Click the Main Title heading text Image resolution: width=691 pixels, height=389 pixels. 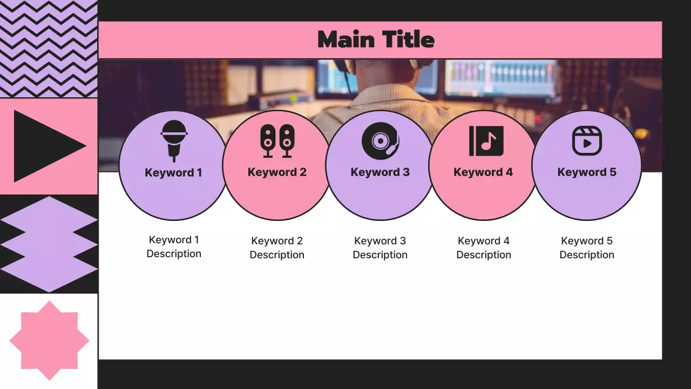click(x=376, y=39)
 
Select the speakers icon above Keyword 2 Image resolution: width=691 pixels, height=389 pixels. click(x=277, y=140)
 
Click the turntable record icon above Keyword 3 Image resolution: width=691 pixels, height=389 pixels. click(x=380, y=140)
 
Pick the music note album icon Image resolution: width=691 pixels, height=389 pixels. click(x=486, y=141)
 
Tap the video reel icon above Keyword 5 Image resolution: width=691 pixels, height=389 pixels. click(x=587, y=140)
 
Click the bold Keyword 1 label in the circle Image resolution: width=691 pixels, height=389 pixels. click(x=173, y=173)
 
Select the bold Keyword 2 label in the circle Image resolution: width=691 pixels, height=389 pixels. click(x=277, y=172)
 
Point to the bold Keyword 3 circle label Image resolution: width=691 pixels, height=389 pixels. click(x=380, y=172)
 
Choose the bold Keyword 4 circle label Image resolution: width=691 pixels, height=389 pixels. click(x=483, y=172)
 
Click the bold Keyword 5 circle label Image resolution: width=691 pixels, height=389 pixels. click(x=587, y=172)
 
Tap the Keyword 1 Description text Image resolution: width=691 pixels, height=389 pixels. click(x=174, y=247)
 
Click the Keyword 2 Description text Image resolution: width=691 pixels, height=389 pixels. click(x=277, y=248)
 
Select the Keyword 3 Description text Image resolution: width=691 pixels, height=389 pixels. click(x=380, y=248)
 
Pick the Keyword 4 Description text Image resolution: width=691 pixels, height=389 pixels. click(x=484, y=248)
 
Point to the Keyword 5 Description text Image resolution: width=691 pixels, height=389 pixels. click(x=587, y=248)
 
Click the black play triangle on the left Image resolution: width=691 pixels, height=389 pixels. click(x=43, y=146)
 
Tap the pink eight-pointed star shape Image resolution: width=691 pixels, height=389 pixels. click(x=49, y=340)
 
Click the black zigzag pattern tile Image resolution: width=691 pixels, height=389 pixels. click(x=49, y=49)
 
